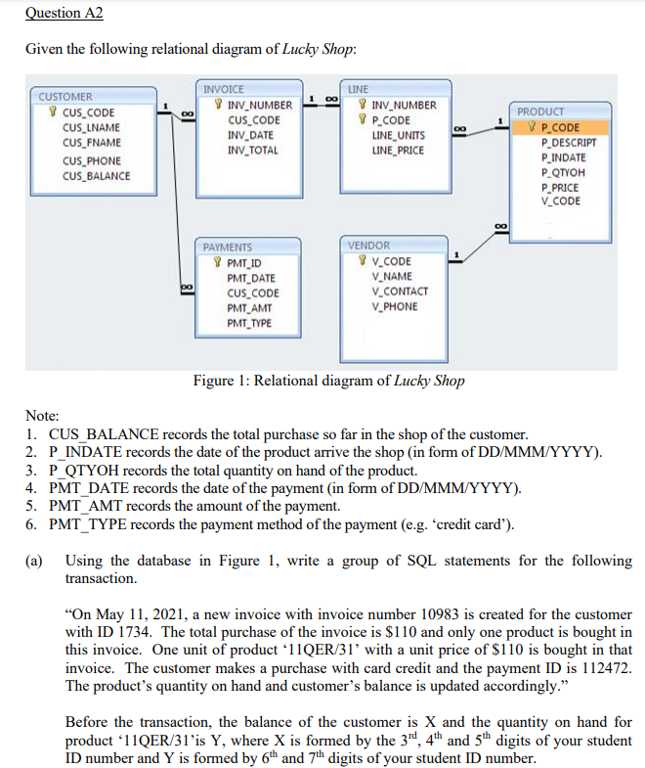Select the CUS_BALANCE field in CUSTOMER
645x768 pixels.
96,176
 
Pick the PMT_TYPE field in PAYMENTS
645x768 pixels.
249,323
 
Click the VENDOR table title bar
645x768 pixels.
369,245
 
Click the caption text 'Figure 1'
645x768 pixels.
222,381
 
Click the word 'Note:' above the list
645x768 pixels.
42,415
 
